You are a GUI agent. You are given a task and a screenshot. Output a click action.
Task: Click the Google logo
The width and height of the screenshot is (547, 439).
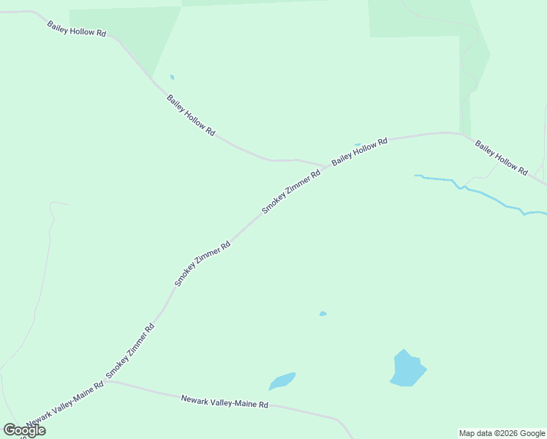click(x=25, y=430)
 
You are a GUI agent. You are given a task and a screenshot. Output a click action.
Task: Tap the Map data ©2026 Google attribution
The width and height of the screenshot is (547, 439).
click(x=502, y=433)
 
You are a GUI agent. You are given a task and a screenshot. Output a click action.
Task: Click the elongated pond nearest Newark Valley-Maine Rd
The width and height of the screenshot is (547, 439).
click(x=282, y=381)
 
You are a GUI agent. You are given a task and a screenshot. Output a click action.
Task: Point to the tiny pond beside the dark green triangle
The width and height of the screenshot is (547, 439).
click(x=173, y=77)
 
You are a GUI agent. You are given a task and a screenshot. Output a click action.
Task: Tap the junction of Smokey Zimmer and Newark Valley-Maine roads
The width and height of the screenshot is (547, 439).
click(x=107, y=381)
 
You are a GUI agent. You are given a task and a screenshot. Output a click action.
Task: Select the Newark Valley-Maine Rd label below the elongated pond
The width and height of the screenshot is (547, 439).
click(x=225, y=401)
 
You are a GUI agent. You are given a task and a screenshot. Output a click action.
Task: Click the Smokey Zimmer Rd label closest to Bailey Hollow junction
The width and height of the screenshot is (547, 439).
click(x=292, y=192)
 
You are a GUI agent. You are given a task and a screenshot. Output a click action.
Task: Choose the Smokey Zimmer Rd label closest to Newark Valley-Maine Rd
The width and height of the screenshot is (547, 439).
click(x=130, y=351)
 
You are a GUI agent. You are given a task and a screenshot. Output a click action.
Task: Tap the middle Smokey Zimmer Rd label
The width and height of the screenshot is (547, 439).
click(x=203, y=263)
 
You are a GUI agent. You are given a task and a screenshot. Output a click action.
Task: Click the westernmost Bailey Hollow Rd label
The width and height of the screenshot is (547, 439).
click(x=77, y=29)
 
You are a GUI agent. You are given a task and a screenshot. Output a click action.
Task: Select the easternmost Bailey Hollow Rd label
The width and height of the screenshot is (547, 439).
click(x=502, y=157)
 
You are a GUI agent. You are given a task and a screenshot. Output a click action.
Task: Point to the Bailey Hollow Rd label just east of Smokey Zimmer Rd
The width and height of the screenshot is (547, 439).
click(x=359, y=151)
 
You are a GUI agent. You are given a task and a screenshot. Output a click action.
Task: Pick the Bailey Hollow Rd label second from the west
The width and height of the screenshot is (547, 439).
click(x=191, y=115)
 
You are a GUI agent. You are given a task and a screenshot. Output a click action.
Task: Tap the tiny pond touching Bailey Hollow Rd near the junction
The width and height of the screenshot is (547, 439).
click(x=358, y=144)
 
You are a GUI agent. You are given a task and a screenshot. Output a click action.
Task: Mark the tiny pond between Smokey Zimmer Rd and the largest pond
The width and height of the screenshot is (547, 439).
click(x=322, y=314)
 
